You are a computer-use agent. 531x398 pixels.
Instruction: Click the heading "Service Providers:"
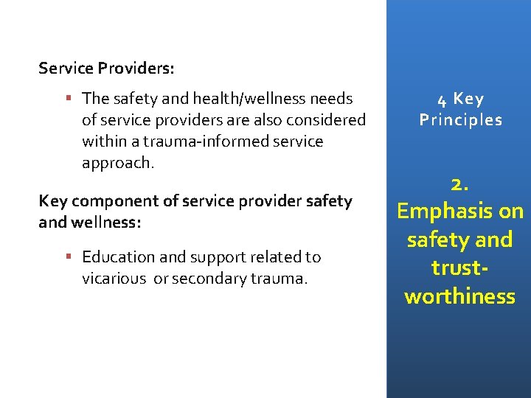tap(107, 69)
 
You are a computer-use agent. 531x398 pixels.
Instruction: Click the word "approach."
tap(118, 162)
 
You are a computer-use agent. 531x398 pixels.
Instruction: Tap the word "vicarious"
tap(114, 278)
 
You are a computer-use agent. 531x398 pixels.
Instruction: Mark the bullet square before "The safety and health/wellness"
tap(68, 98)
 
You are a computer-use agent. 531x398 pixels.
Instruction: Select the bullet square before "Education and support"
tap(68, 256)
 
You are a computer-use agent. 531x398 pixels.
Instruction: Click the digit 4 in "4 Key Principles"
tap(440, 99)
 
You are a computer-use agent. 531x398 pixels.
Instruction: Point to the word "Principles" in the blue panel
tap(460, 119)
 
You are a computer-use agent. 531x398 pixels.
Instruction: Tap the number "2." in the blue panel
tap(459, 185)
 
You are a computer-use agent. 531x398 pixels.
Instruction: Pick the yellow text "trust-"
tap(459, 268)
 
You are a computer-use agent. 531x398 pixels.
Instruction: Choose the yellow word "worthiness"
tap(459, 296)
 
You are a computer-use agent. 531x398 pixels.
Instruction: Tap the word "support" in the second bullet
tap(217, 256)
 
